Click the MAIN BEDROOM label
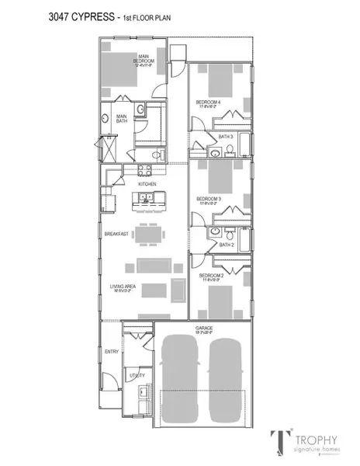point(144,58)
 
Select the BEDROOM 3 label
point(209,198)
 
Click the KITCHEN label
point(147,183)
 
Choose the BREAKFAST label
point(116,233)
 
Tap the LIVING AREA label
point(119,286)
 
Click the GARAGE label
point(205,329)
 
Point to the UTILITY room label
point(137,374)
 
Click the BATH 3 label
point(226,137)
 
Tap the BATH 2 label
point(226,245)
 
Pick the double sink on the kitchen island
point(147,200)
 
